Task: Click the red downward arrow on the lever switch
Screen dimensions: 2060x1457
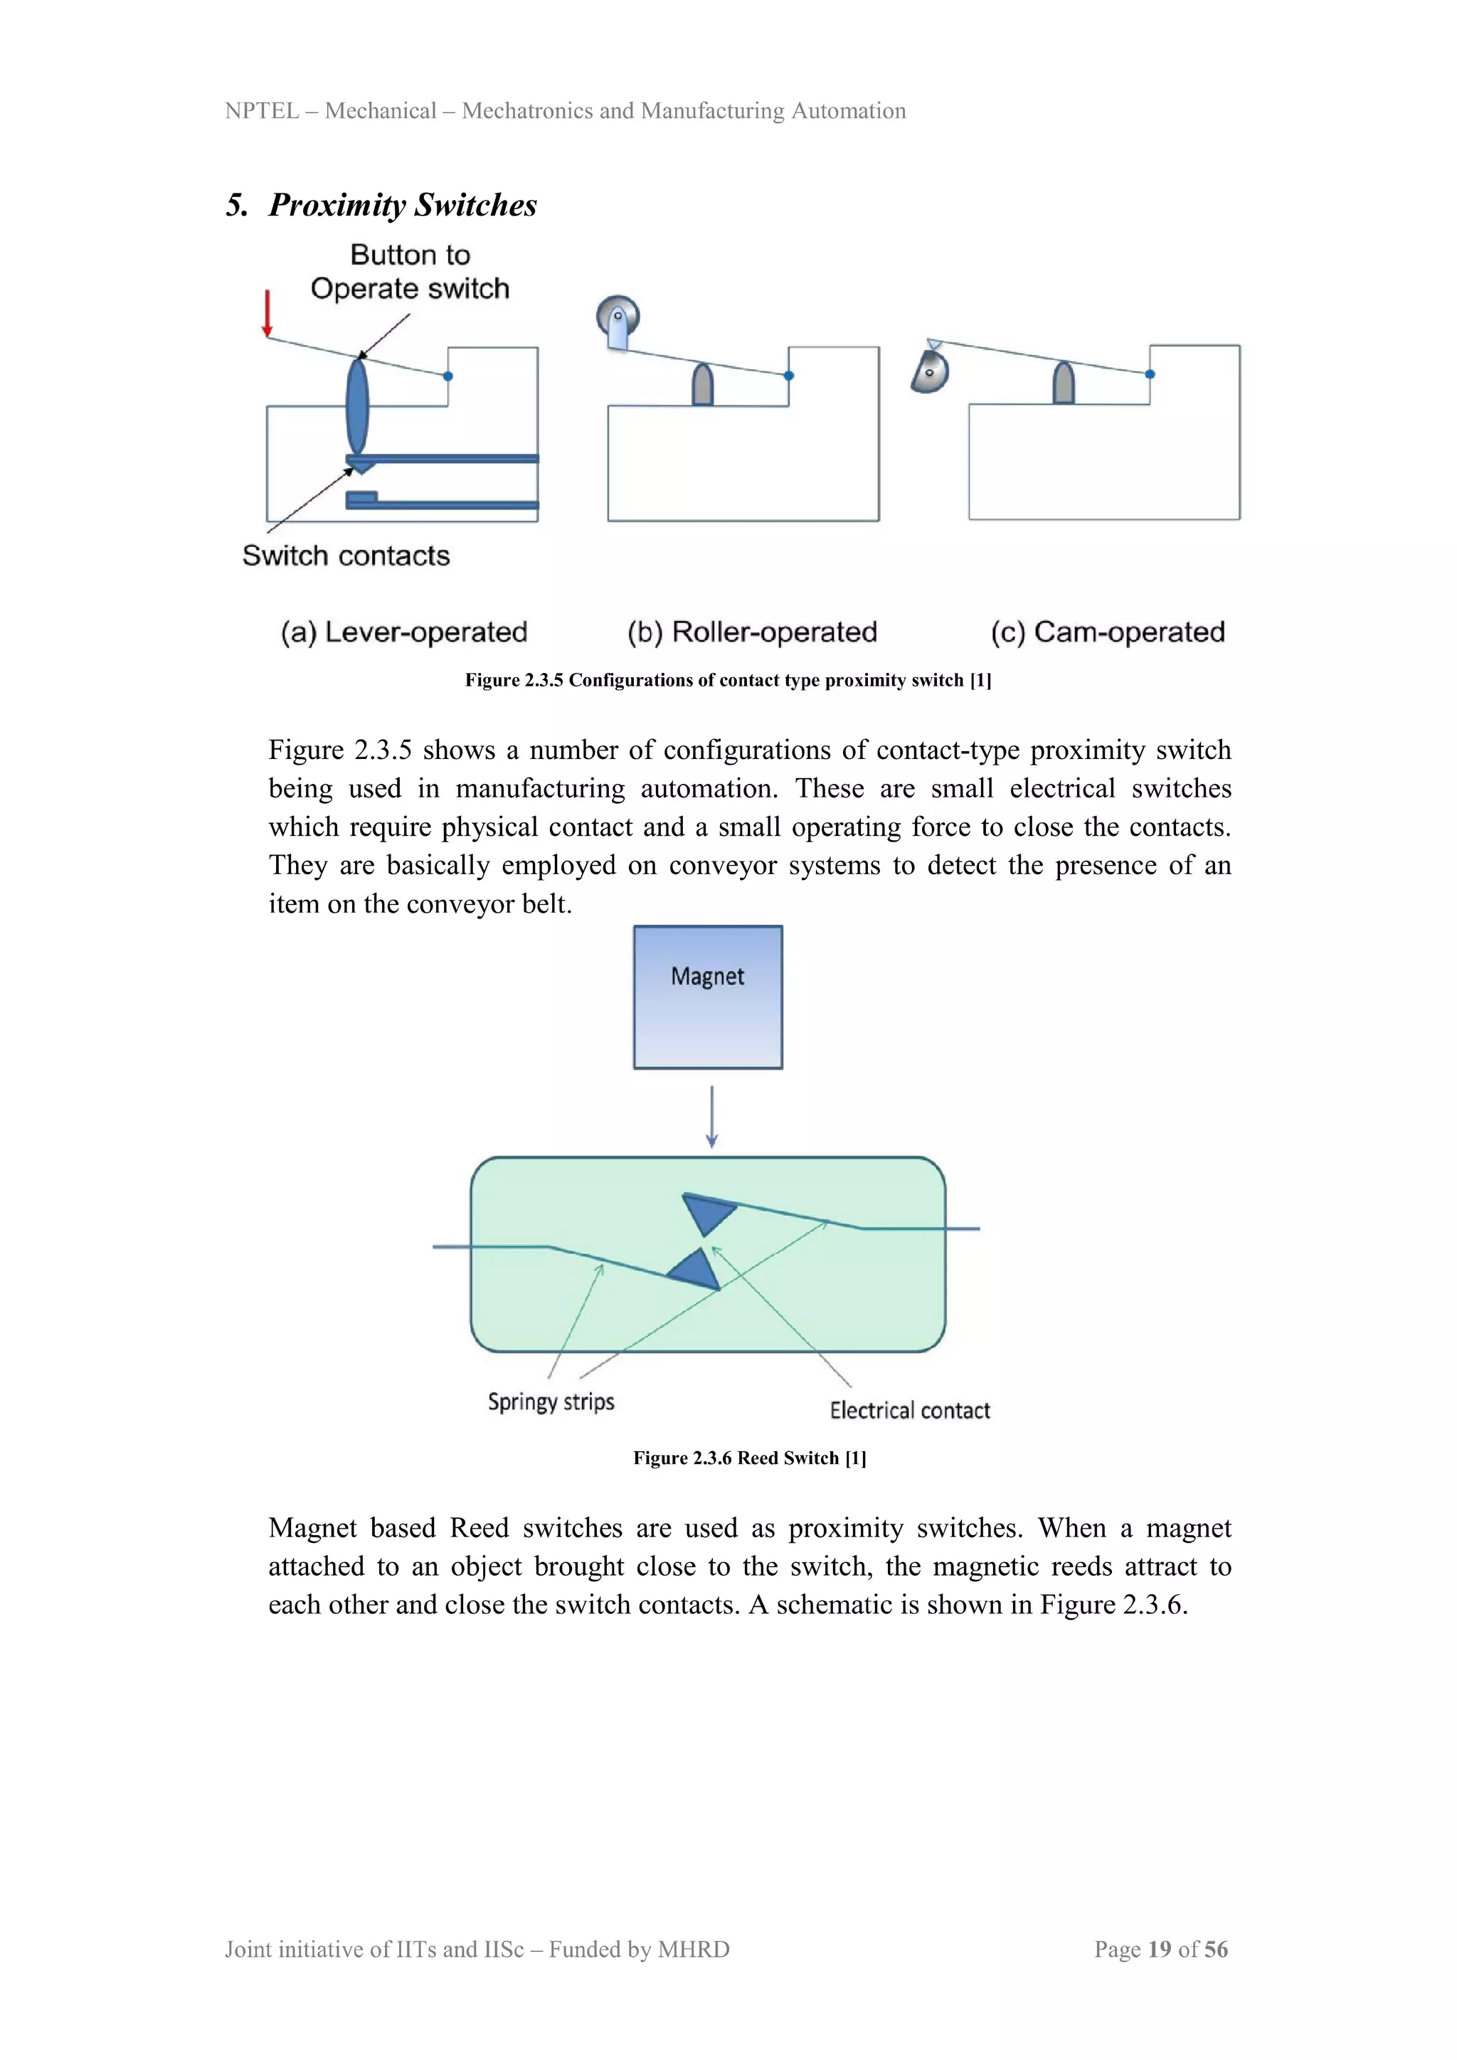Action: click(267, 314)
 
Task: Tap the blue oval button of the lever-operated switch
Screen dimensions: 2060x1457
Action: click(357, 406)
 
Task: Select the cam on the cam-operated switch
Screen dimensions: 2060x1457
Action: click(931, 371)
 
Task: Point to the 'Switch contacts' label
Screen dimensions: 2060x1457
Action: click(346, 556)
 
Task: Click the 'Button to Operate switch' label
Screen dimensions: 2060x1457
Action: click(410, 272)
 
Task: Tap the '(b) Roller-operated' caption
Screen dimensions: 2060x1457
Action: click(752, 632)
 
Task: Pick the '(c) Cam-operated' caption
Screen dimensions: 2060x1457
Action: click(1107, 632)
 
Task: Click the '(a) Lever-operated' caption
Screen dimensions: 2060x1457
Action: click(403, 632)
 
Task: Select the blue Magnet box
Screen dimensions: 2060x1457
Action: click(708, 997)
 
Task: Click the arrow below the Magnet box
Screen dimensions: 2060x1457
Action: click(711, 1117)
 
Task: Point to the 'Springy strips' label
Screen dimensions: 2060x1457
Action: click(551, 1401)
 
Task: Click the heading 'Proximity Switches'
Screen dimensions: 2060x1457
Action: click(402, 205)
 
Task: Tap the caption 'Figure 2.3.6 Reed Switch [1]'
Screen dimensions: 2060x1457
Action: click(749, 1458)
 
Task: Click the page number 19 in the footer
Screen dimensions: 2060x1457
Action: click(1159, 1949)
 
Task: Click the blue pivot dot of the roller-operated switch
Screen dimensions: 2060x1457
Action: click(788, 376)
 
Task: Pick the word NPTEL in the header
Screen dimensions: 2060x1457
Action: click(261, 110)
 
